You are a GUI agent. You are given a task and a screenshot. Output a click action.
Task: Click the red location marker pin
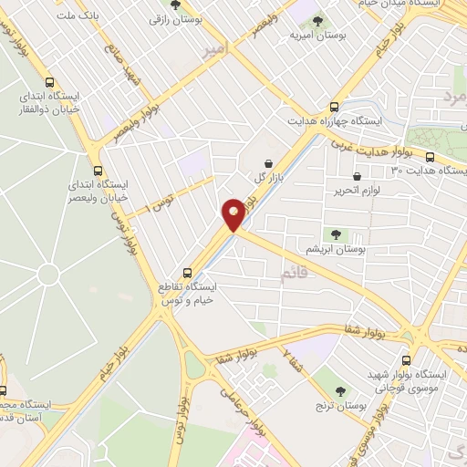234,214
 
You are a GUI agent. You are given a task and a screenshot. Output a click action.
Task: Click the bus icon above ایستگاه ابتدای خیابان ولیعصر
99,169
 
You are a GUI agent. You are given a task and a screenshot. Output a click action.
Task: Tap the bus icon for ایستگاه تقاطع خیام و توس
187,272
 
